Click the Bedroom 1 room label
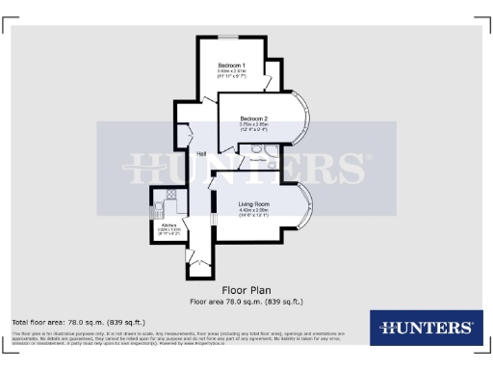(231, 65)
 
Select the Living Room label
(255, 205)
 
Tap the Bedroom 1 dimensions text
(231, 73)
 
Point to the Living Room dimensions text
(255, 214)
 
